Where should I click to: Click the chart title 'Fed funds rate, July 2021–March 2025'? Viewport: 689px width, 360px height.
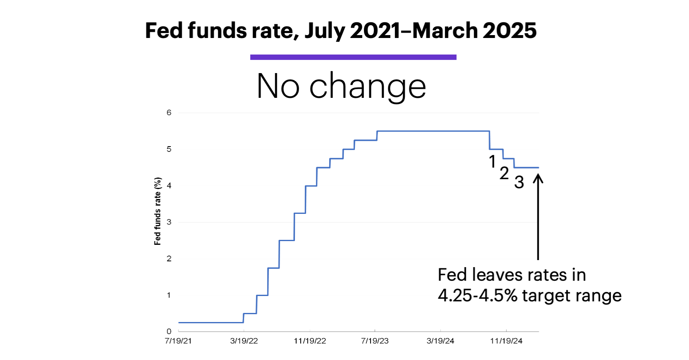pyautogui.click(x=341, y=31)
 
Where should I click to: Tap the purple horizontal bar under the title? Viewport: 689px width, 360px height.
pyautogui.click(x=353, y=57)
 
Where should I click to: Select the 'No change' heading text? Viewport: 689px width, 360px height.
pyautogui.click(x=341, y=86)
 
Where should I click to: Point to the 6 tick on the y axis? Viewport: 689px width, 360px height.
pyautogui.click(x=169, y=113)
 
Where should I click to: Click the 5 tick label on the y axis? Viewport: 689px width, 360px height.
pyautogui.click(x=169, y=149)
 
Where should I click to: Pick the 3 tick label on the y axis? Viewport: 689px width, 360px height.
pyautogui.click(x=169, y=222)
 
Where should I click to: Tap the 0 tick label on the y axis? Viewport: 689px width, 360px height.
pyautogui.click(x=169, y=331)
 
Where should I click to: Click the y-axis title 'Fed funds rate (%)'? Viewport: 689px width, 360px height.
pyautogui.click(x=157, y=211)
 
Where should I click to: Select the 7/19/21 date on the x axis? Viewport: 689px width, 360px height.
pyautogui.click(x=178, y=341)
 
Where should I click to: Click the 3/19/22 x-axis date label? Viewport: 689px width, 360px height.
pyautogui.click(x=244, y=341)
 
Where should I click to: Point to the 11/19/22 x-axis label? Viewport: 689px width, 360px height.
pyautogui.click(x=310, y=341)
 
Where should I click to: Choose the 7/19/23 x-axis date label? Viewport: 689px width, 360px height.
pyautogui.click(x=375, y=341)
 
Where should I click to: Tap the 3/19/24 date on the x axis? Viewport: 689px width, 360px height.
pyautogui.click(x=440, y=341)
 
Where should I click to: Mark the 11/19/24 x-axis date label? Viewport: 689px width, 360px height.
pyautogui.click(x=506, y=341)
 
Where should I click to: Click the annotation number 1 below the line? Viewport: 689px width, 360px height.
pyautogui.click(x=492, y=161)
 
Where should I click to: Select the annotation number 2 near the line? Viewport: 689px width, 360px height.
pyautogui.click(x=504, y=173)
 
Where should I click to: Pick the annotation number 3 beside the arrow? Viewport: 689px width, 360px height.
pyautogui.click(x=519, y=182)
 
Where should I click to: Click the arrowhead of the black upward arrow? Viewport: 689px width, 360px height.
pyautogui.click(x=538, y=178)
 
